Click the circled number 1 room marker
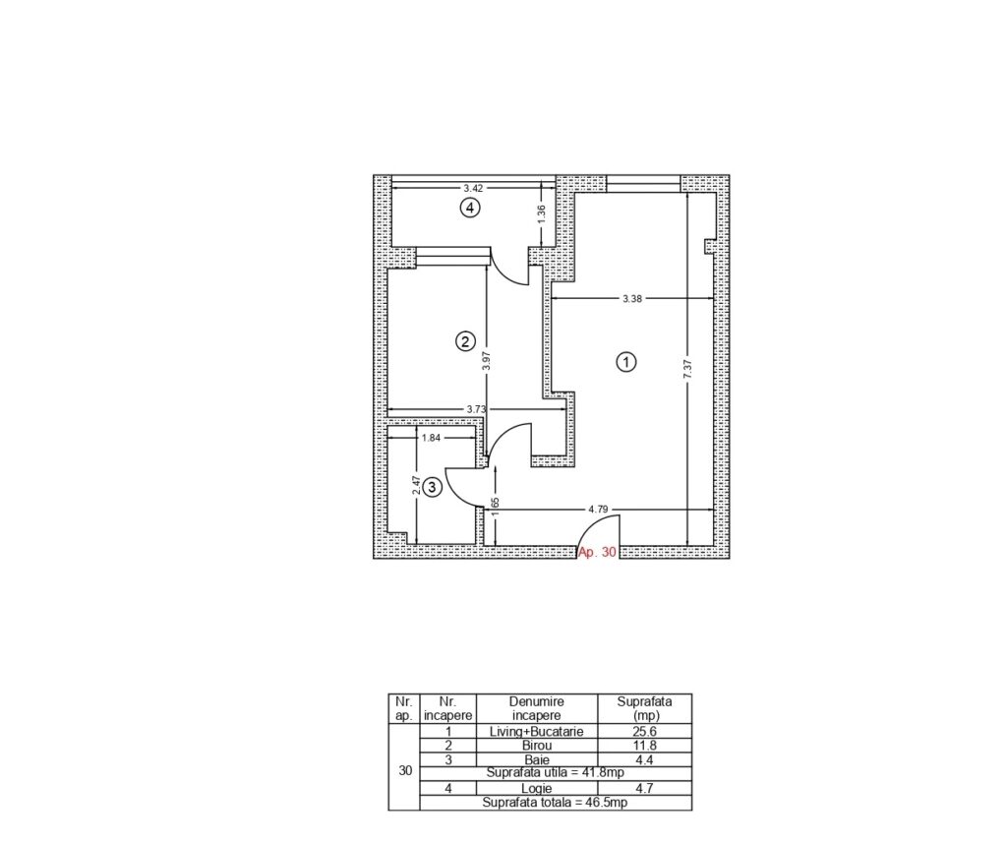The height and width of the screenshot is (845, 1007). pos(626,362)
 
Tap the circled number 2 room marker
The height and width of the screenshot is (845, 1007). pos(465,340)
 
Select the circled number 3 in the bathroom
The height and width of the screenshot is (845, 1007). pos(433,487)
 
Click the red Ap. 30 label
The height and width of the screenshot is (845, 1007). pos(597,552)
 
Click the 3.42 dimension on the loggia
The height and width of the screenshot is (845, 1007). pos(473,188)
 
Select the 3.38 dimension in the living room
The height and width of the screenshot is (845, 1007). pos(632,299)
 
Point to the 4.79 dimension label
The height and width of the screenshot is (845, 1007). pos(598,509)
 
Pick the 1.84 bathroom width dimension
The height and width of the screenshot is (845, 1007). pos(431,439)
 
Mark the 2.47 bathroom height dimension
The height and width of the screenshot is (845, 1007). pos(416,485)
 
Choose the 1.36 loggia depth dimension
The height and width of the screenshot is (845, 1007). pos(542,214)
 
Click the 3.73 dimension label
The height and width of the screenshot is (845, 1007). pos(477,408)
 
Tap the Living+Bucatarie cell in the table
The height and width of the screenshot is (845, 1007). pos(536,731)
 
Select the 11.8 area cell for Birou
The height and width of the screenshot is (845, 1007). pos(644,746)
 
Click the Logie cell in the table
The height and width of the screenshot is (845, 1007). pos(536,789)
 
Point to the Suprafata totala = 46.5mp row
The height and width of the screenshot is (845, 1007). pos(555,803)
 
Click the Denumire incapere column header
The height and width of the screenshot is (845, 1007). pos(536,709)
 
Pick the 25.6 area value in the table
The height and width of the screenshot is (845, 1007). pos(644,731)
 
